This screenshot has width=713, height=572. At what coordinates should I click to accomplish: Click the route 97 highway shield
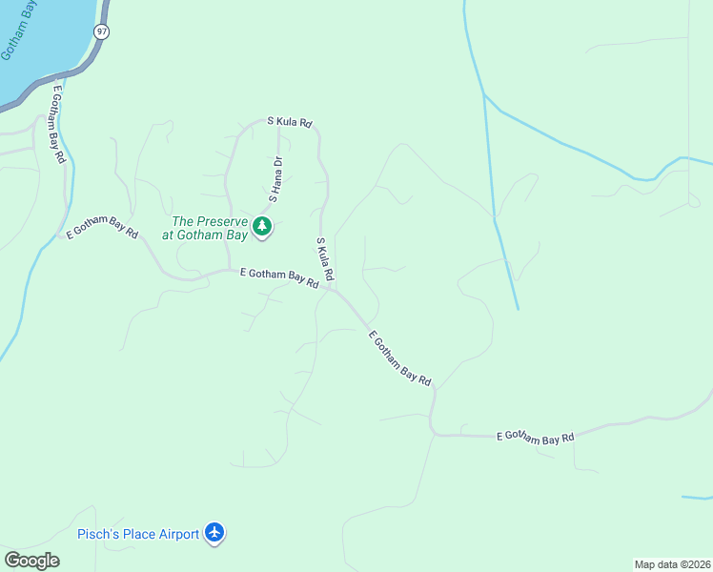(x=100, y=32)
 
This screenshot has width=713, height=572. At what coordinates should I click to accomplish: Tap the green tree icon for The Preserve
(x=262, y=227)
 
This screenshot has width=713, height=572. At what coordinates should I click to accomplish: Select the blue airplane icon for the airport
(x=215, y=533)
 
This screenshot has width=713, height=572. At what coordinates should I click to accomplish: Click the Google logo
(x=31, y=561)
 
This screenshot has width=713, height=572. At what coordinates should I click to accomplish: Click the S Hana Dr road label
(x=276, y=179)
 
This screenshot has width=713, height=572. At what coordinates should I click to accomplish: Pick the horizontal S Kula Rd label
(x=290, y=122)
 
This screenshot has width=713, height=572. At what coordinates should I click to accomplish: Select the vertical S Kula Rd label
(x=325, y=258)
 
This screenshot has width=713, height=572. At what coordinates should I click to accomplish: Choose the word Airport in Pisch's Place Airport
(x=178, y=534)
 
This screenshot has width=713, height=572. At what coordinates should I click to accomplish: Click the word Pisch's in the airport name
(x=99, y=534)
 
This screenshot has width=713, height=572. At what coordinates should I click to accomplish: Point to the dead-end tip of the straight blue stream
(x=518, y=309)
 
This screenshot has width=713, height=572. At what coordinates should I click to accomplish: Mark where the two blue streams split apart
(x=485, y=95)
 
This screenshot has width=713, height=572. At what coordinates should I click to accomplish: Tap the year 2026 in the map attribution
(x=697, y=563)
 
